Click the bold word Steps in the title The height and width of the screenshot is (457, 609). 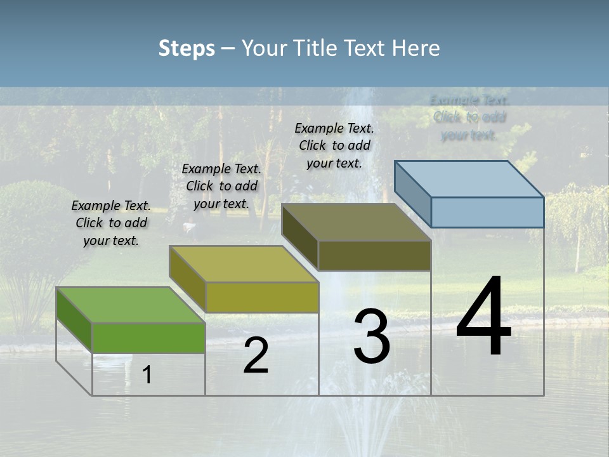click(187, 48)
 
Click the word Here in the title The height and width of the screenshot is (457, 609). click(417, 48)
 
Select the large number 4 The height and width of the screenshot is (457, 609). click(483, 317)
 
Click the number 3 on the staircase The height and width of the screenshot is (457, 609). click(372, 336)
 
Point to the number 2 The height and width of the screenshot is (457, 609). click(256, 355)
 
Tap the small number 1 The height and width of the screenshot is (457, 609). click(147, 374)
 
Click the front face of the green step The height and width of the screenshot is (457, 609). click(148, 338)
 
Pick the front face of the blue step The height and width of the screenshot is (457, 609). click(487, 212)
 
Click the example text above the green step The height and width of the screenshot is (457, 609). click(111, 223)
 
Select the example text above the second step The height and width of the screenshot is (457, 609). click(221, 186)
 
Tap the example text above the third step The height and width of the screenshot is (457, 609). click(334, 145)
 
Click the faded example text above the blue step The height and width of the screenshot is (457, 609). click(469, 117)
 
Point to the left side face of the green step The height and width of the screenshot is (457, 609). click(74, 320)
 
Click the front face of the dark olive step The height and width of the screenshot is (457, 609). click(374, 256)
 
